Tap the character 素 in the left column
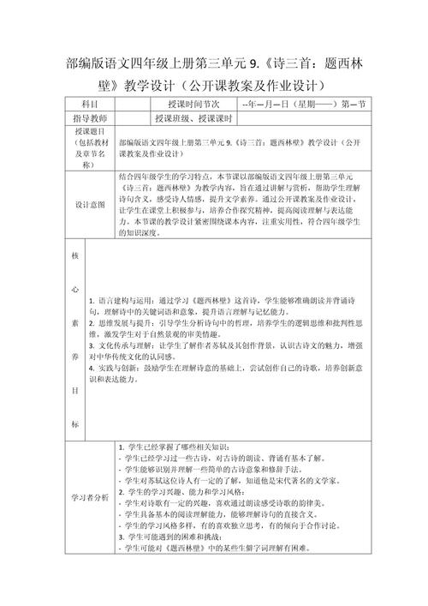tap(75, 323)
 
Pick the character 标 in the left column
tap(75, 424)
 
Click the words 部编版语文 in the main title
tap(93, 64)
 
